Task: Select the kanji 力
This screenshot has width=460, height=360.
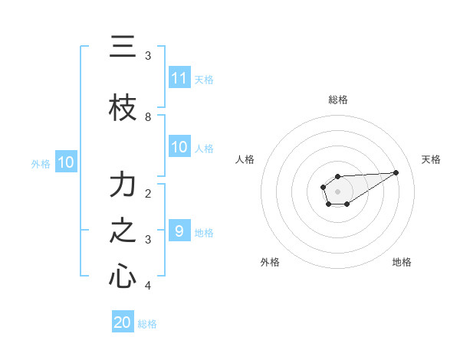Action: [123, 185]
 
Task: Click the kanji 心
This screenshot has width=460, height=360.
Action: [123, 277]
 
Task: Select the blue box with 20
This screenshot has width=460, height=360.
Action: [123, 322]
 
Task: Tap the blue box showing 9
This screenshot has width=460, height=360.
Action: [179, 231]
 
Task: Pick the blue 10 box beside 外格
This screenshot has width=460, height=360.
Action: [65, 162]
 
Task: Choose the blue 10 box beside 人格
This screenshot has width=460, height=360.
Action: [179, 147]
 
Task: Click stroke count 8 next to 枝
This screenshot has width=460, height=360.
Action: [148, 117]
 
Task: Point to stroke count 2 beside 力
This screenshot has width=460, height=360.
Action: [148, 194]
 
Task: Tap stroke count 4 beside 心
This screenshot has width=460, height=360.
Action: [148, 286]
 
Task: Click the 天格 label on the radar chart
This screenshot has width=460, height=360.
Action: [432, 159]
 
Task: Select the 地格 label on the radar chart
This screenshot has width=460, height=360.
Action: [402, 262]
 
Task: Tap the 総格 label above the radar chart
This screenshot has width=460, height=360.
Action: [338, 100]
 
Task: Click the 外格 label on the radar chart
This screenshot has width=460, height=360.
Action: [270, 262]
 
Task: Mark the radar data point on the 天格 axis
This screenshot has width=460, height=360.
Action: [396, 172]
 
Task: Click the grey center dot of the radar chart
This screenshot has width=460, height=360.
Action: [337, 190]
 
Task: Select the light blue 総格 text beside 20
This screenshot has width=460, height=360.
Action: [147, 324]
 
